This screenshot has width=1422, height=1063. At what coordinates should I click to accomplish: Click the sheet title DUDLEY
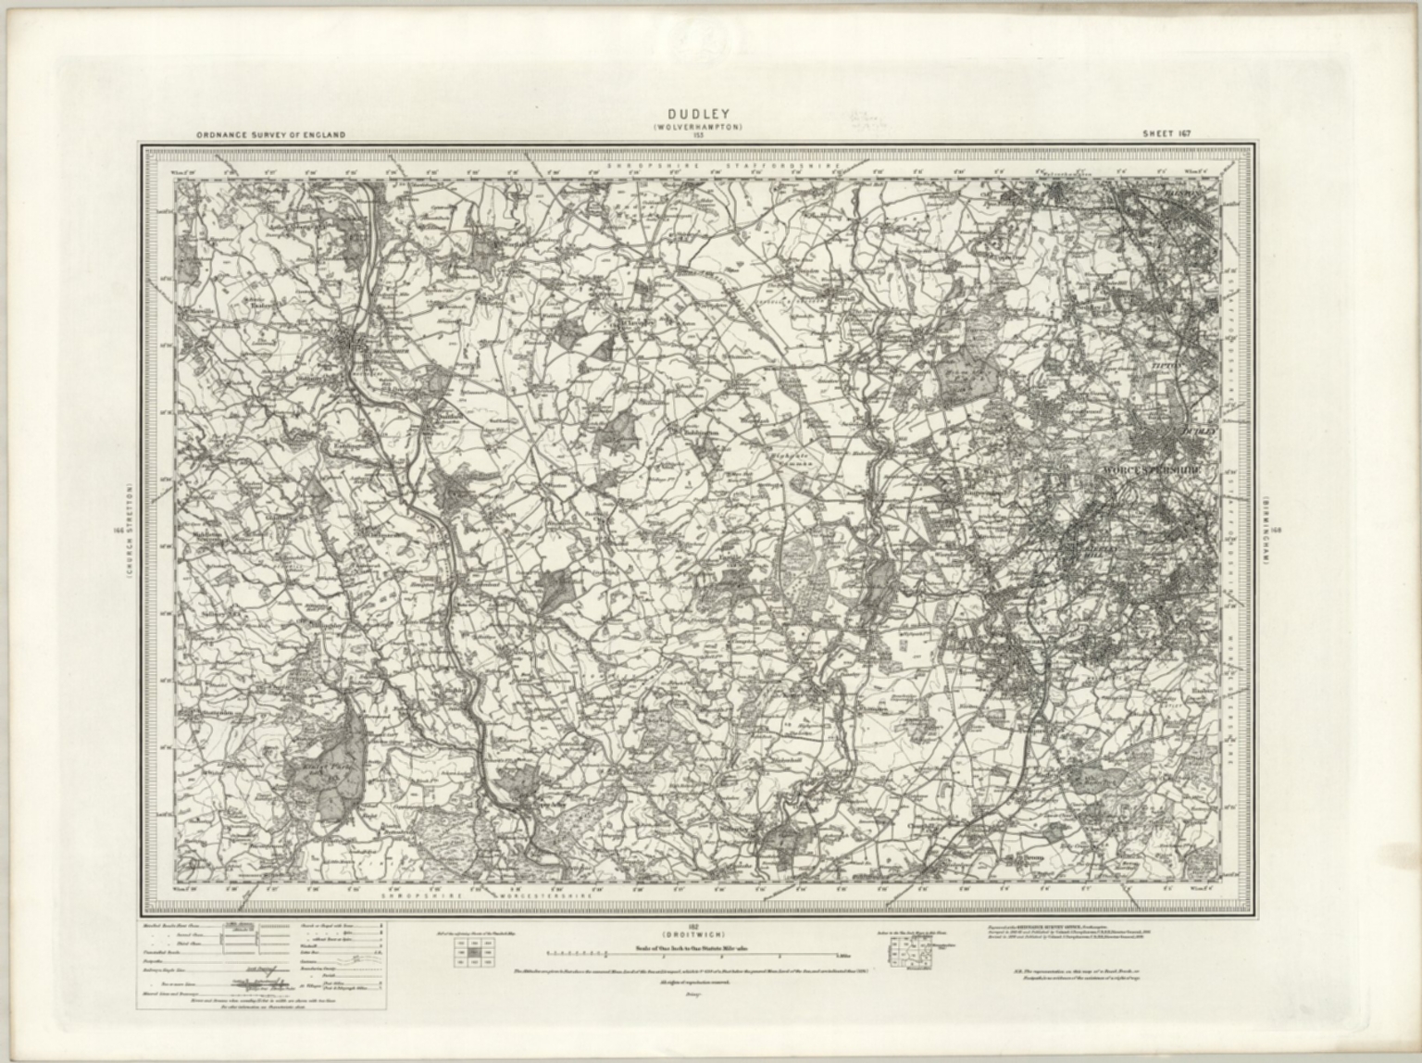[x=697, y=115]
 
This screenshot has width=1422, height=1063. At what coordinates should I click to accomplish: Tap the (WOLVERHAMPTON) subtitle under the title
[x=697, y=127]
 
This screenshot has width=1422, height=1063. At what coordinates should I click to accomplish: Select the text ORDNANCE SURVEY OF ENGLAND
[x=270, y=135]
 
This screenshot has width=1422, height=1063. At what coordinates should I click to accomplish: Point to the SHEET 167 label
[x=1166, y=134]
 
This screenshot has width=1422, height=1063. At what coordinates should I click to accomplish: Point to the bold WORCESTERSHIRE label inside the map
[x=1152, y=470]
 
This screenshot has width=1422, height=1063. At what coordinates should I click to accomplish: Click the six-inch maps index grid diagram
[x=905, y=951]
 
